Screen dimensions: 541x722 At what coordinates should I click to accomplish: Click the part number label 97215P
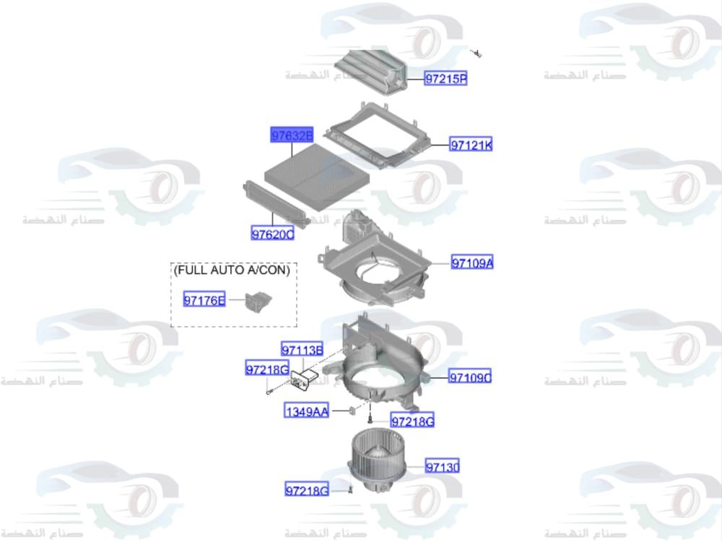(445, 79)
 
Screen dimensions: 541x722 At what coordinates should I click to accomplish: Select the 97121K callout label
(471, 145)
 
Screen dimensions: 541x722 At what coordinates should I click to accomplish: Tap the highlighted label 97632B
(292, 136)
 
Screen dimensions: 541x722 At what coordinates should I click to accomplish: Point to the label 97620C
(273, 234)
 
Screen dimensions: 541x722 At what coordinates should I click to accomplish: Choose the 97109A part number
(472, 263)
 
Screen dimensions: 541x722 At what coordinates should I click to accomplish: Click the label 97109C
(470, 377)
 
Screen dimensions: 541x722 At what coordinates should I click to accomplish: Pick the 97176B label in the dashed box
(204, 300)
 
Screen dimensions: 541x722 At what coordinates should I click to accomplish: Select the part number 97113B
(302, 351)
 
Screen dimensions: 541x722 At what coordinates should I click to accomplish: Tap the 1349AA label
(307, 412)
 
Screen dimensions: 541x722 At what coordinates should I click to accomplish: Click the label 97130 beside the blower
(442, 467)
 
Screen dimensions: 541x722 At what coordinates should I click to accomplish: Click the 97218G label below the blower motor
(307, 491)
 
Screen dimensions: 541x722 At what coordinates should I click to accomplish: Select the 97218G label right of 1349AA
(412, 421)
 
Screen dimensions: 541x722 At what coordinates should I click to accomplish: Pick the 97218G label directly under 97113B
(267, 370)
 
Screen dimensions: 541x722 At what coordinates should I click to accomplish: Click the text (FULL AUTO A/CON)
(232, 270)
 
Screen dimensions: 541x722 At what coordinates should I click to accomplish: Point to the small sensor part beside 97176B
(257, 300)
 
